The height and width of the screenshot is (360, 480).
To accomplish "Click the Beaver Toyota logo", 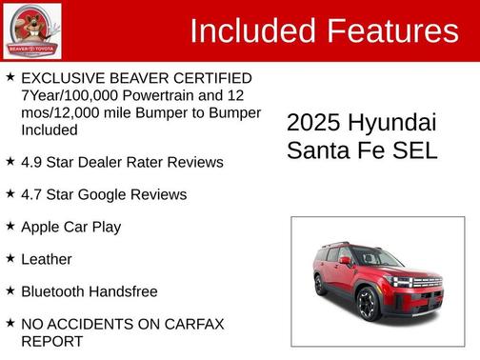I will [32, 31].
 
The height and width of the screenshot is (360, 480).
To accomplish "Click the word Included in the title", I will [253, 31].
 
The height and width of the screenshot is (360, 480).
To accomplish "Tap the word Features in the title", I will [392, 31].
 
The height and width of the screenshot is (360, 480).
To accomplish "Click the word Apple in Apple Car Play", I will [41, 227].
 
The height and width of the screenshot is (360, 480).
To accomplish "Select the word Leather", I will [47, 259].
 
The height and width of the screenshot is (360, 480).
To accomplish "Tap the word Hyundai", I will [392, 124].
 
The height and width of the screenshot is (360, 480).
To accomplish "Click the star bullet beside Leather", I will [10, 257].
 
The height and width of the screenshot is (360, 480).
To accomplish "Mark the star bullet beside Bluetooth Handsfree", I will [10, 290].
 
